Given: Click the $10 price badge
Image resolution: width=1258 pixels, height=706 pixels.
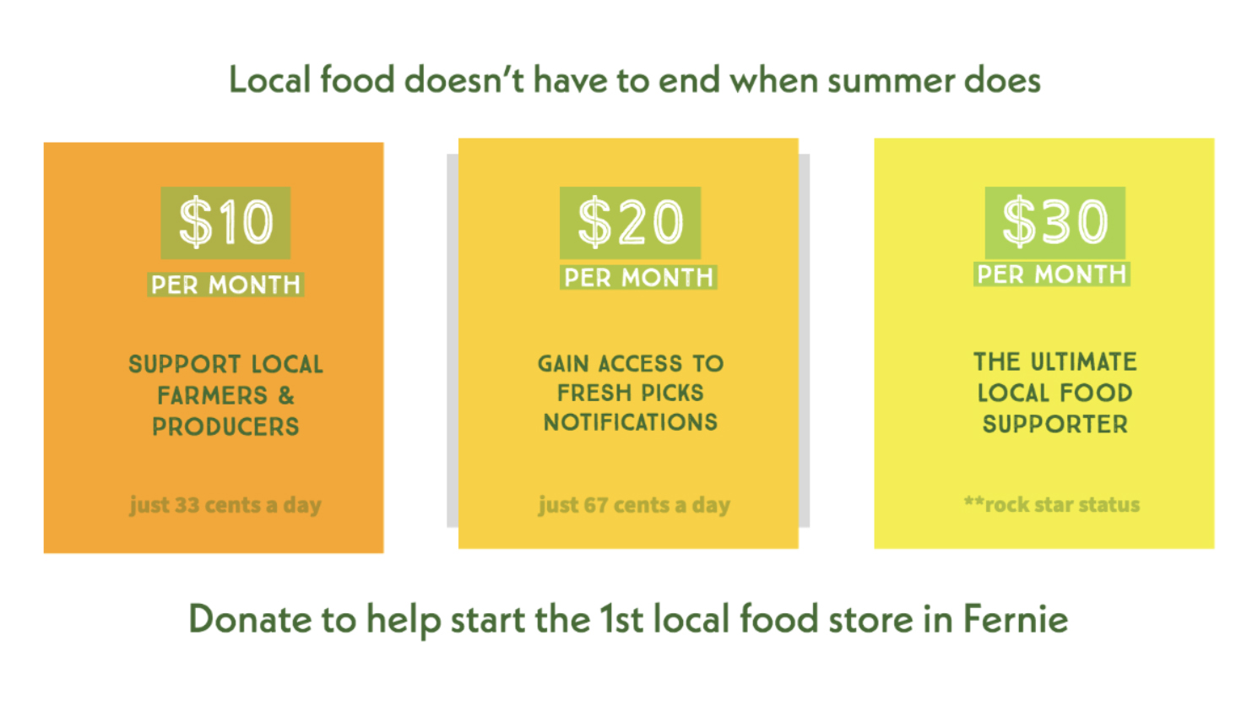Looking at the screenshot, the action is (225, 223).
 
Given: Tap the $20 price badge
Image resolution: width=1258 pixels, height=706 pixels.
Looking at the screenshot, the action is (630, 223).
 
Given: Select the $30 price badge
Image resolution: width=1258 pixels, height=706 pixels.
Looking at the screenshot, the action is (1055, 222).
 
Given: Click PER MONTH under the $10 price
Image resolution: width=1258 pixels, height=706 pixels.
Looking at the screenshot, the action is (225, 285).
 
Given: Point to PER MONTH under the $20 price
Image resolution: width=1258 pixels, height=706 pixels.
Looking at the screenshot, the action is (638, 278).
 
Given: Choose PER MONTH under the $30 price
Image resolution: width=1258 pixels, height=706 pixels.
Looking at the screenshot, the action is (1052, 274).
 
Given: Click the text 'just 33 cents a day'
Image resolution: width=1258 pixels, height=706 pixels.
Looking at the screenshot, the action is (225, 505).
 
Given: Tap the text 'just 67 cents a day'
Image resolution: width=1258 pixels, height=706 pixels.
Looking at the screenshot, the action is (635, 505).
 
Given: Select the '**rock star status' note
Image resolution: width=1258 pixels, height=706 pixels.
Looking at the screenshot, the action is (1052, 504).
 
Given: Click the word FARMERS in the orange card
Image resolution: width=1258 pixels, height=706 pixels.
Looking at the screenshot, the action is (212, 395).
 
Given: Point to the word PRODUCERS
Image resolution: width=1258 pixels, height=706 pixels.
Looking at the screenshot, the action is (225, 426).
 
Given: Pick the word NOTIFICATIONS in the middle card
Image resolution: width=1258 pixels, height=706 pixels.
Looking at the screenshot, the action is (631, 422).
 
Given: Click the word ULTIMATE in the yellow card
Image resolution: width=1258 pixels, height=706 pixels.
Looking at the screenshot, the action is (1084, 362).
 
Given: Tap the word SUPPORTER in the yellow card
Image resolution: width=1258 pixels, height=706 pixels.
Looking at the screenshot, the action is (1055, 425).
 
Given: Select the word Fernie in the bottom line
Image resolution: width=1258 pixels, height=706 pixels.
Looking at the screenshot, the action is (1016, 619).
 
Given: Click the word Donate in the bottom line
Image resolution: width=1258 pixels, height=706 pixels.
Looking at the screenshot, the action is (250, 619).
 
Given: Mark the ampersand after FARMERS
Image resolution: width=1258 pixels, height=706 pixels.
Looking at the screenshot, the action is (286, 395).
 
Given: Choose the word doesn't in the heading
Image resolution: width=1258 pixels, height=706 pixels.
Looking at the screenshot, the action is (464, 79).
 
